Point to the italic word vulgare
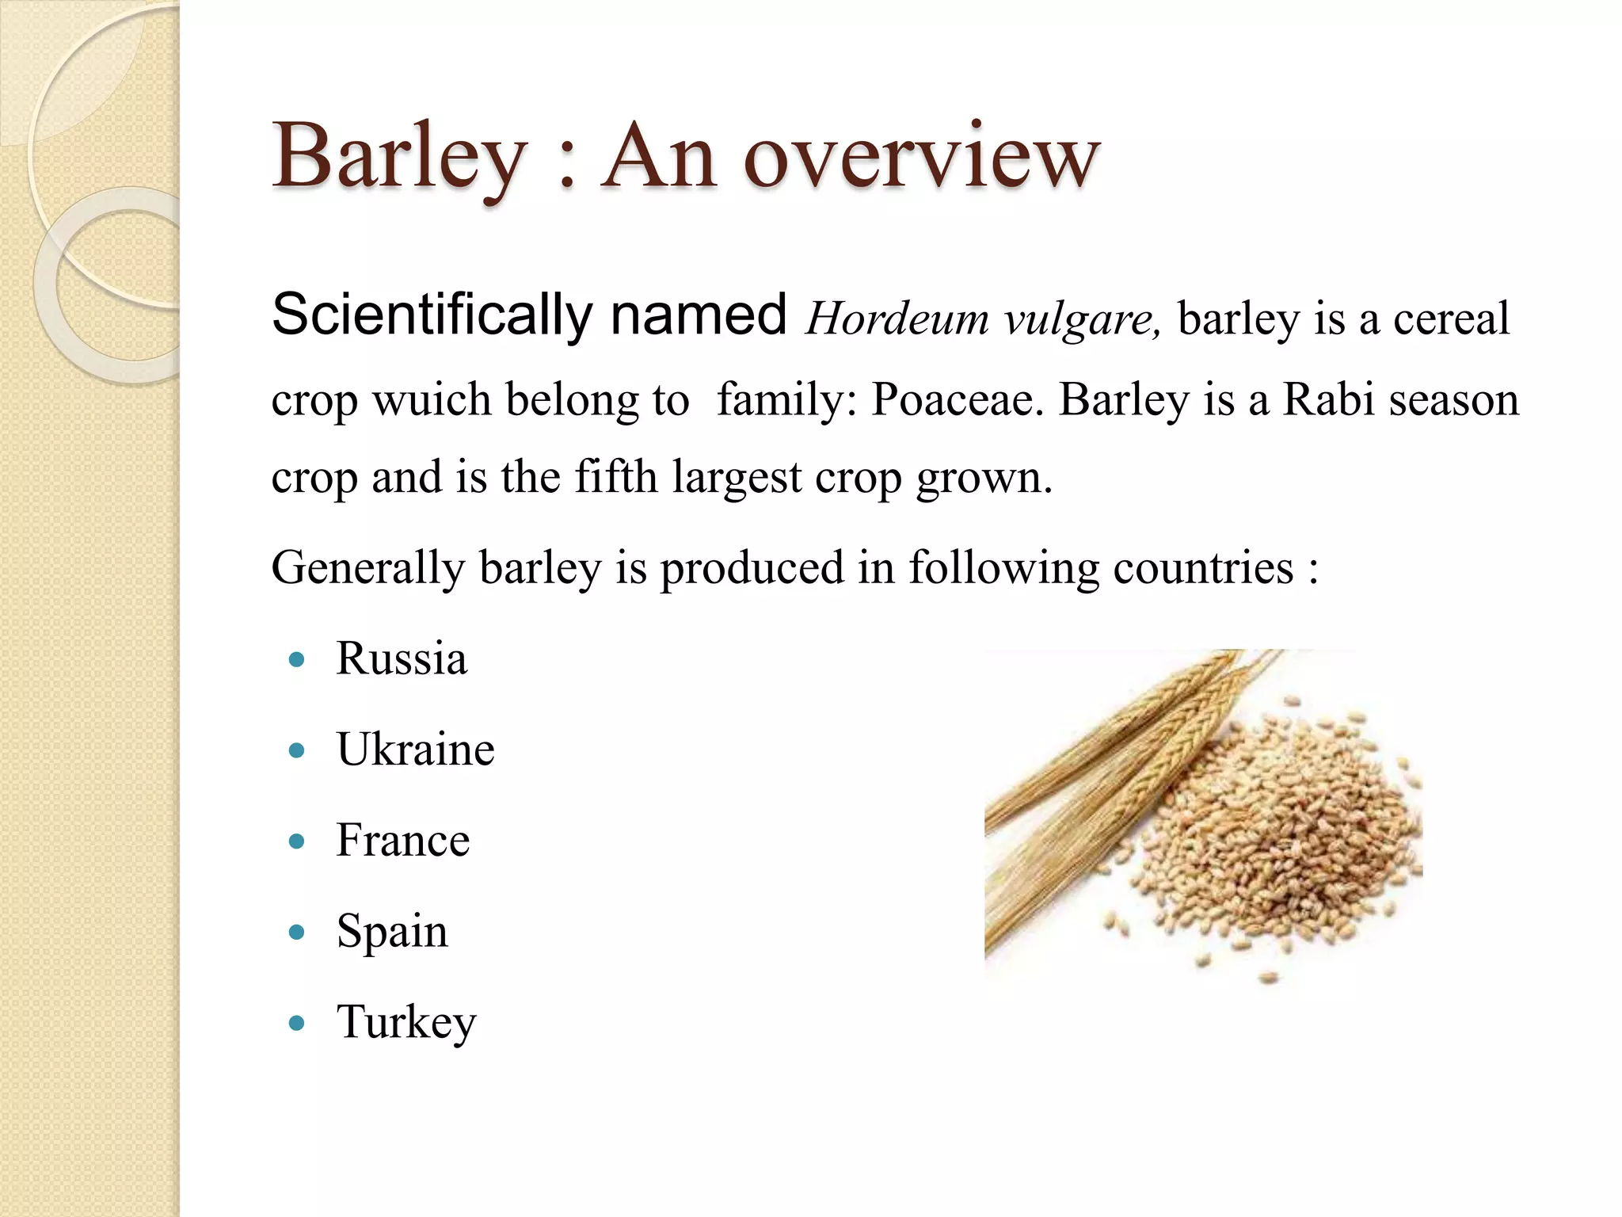click(1082, 320)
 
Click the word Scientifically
click(432, 315)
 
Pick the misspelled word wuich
click(432, 399)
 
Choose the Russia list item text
click(402, 658)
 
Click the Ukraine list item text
click(416, 750)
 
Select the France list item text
click(403, 840)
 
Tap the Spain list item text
click(392, 932)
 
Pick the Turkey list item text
click(406, 1022)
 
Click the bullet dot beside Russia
click(297, 659)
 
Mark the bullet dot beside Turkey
click(297, 1023)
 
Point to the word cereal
click(1451, 319)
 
